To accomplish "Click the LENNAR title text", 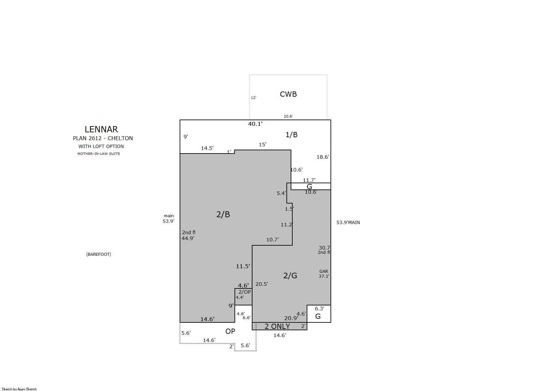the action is click(x=101, y=129).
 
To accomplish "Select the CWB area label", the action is click(x=288, y=94).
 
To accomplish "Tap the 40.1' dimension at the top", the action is click(x=255, y=124).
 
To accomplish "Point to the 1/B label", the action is click(x=291, y=135).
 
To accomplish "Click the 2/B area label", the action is click(x=223, y=214).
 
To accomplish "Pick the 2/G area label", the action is click(x=290, y=276).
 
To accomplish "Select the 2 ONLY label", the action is click(x=277, y=327).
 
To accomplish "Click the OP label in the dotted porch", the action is click(x=230, y=331).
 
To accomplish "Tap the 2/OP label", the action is click(x=245, y=292).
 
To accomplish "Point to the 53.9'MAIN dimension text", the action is click(x=348, y=222).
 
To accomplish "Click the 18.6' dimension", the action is click(x=323, y=157).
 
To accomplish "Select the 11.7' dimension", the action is click(x=309, y=180).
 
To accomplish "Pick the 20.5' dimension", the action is click(x=262, y=284).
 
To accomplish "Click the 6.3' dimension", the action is click(x=319, y=309).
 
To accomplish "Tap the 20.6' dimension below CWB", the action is click(x=288, y=116).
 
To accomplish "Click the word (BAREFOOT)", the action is click(x=99, y=254).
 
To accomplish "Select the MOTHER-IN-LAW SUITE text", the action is click(x=99, y=154).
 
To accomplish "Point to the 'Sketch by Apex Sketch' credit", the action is click(x=19, y=389).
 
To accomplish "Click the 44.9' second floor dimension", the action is click(x=188, y=238).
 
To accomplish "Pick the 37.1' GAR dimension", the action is click(x=324, y=276).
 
